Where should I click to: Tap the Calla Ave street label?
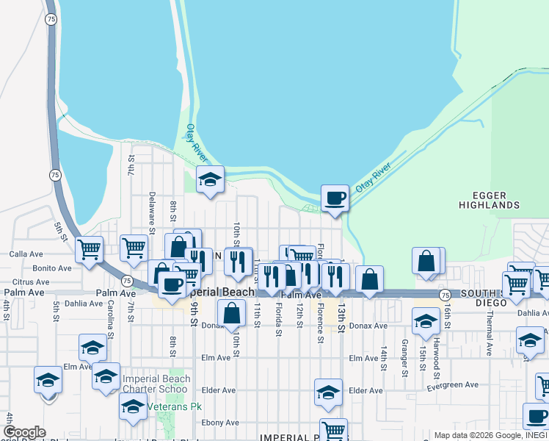26,254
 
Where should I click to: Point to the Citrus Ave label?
31,282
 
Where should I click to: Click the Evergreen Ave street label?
453,384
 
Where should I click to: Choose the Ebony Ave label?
222,423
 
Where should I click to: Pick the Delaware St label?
152,213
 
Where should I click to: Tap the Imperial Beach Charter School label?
156,384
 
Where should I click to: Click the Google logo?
24,432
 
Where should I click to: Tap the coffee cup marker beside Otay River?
335,198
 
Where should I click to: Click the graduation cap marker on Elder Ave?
328,393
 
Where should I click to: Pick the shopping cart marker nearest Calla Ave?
90,249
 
